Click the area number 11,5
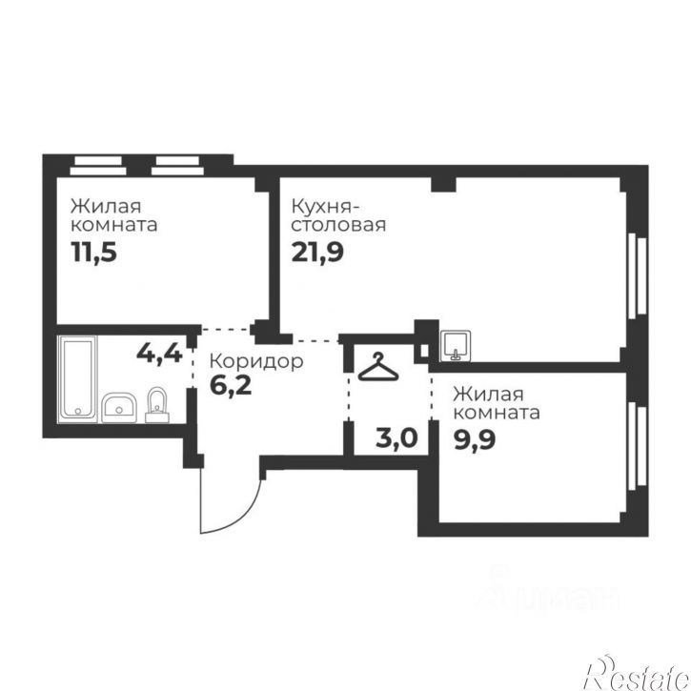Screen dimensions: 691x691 click(93, 253)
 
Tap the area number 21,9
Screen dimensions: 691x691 click(317, 253)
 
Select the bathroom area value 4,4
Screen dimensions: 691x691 click(159, 353)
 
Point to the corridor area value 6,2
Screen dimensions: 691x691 click(231, 385)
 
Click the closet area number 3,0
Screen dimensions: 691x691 click(396, 438)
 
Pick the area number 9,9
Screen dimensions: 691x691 click(475, 439)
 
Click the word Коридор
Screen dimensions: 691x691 click(256, 361)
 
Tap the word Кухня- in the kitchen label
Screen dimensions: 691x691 click(326, 206)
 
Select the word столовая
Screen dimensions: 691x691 click(338, 225)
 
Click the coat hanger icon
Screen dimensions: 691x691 click(378, 367)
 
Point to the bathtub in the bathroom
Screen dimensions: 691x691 click(77, 376)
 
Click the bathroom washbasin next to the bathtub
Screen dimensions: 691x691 click(119, 408)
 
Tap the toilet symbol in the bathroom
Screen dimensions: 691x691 click(157, 405)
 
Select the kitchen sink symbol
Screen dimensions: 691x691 click(456, 346)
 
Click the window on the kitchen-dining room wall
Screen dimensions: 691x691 click(638, 275)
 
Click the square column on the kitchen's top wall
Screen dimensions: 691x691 click(443, 184)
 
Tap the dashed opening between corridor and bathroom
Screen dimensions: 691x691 click(193, 369)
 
